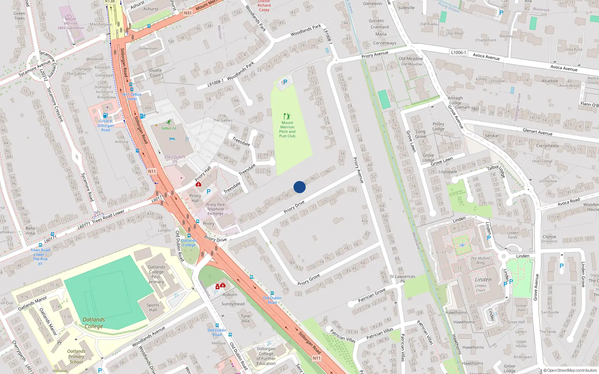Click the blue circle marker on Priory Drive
tap(299, 187)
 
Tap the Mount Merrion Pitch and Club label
tap(287, 129)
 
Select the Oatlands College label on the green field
tap(94, 323)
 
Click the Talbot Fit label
tap(169, 128)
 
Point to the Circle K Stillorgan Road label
tap(106, 125)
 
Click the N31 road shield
tap(188, 13)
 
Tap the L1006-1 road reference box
tap(459, 52)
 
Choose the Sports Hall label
tap(153, 307)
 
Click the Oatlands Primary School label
tap(76, 356)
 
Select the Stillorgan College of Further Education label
tap(266, 356)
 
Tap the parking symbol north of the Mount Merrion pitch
tap(285, 82)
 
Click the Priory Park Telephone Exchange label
tap(216, 209)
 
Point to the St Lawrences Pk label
tap(403, 279)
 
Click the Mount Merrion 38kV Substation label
tap(70, 23)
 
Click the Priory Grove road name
tap(309, 279)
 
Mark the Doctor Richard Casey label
tap(264, 6)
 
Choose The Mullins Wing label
tap(480, 260)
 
